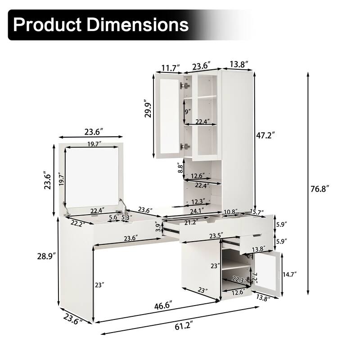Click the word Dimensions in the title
point(138,24)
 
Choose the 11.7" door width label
point(169,67)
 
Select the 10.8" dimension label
point(231,212)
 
